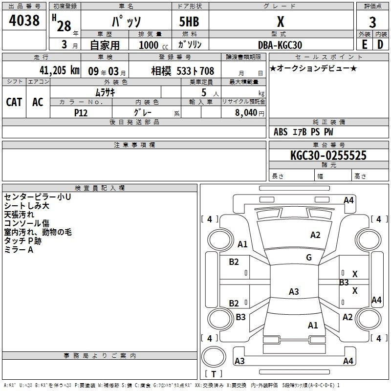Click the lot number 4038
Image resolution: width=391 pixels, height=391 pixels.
click(x=24, y=20)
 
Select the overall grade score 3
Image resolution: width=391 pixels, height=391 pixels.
click(x=372, y=22)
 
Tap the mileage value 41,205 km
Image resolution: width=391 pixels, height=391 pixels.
click(x=59, y=70)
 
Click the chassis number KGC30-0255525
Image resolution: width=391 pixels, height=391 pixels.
click(x=328, y=155)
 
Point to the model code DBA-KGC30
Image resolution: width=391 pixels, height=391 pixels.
click(x=280, y=45)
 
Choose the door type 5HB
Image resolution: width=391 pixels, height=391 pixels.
click(x=189, y=22)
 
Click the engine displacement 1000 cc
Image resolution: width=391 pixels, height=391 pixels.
click(x=153, y=45)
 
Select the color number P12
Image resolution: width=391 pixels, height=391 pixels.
click(x=81, y=113)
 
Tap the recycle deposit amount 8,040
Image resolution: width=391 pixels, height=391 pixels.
click(x=246, y=113)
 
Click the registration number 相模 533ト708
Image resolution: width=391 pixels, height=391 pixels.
click(x=182, y=71)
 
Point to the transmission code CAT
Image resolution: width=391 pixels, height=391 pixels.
click(x=14, y=102)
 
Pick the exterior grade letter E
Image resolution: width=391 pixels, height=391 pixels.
click(x=365, y=44)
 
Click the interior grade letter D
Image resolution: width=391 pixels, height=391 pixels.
click(x=380, y=44)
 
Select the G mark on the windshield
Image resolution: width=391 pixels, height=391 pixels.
click(x=309, y=258)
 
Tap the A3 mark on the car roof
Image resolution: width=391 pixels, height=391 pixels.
click(x=294, y=291)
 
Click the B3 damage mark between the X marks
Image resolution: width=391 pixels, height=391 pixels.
click(x=344, y=282)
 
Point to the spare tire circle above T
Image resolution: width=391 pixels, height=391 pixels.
click(x=214, y=357)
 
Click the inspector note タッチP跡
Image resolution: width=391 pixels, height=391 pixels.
click(x=22, y=241)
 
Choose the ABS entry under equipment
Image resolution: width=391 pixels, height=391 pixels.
click(x=281, y=132)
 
